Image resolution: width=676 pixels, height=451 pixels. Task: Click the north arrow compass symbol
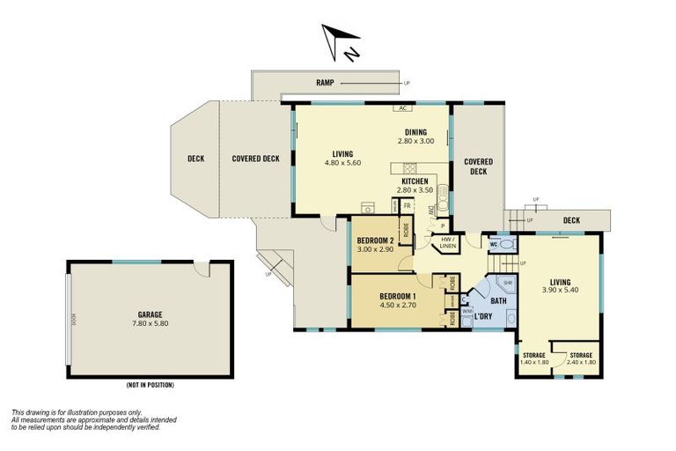point(339,42)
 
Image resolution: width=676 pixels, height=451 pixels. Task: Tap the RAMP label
point(326,84)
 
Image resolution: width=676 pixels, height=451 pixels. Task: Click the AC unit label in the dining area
point(402,108)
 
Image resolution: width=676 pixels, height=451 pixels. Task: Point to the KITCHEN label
point(415,181)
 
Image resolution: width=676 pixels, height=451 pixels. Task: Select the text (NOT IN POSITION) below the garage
point(150,385)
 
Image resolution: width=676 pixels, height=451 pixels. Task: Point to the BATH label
point(498,301)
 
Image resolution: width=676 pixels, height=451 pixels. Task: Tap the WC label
point(495,244)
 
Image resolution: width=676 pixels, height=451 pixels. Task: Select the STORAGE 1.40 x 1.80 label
point(534,359)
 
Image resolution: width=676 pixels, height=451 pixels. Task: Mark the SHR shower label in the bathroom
point(507,284)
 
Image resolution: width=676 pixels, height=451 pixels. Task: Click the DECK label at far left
point(196,159)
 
